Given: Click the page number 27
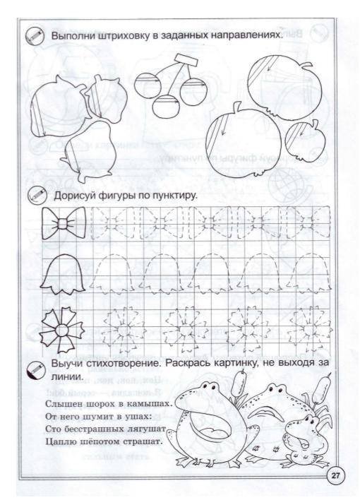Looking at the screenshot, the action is click(x=336, y=475).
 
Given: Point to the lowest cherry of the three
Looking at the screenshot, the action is click(x=166, y=107).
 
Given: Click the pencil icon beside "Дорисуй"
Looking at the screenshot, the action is click(x=33, y=196).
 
